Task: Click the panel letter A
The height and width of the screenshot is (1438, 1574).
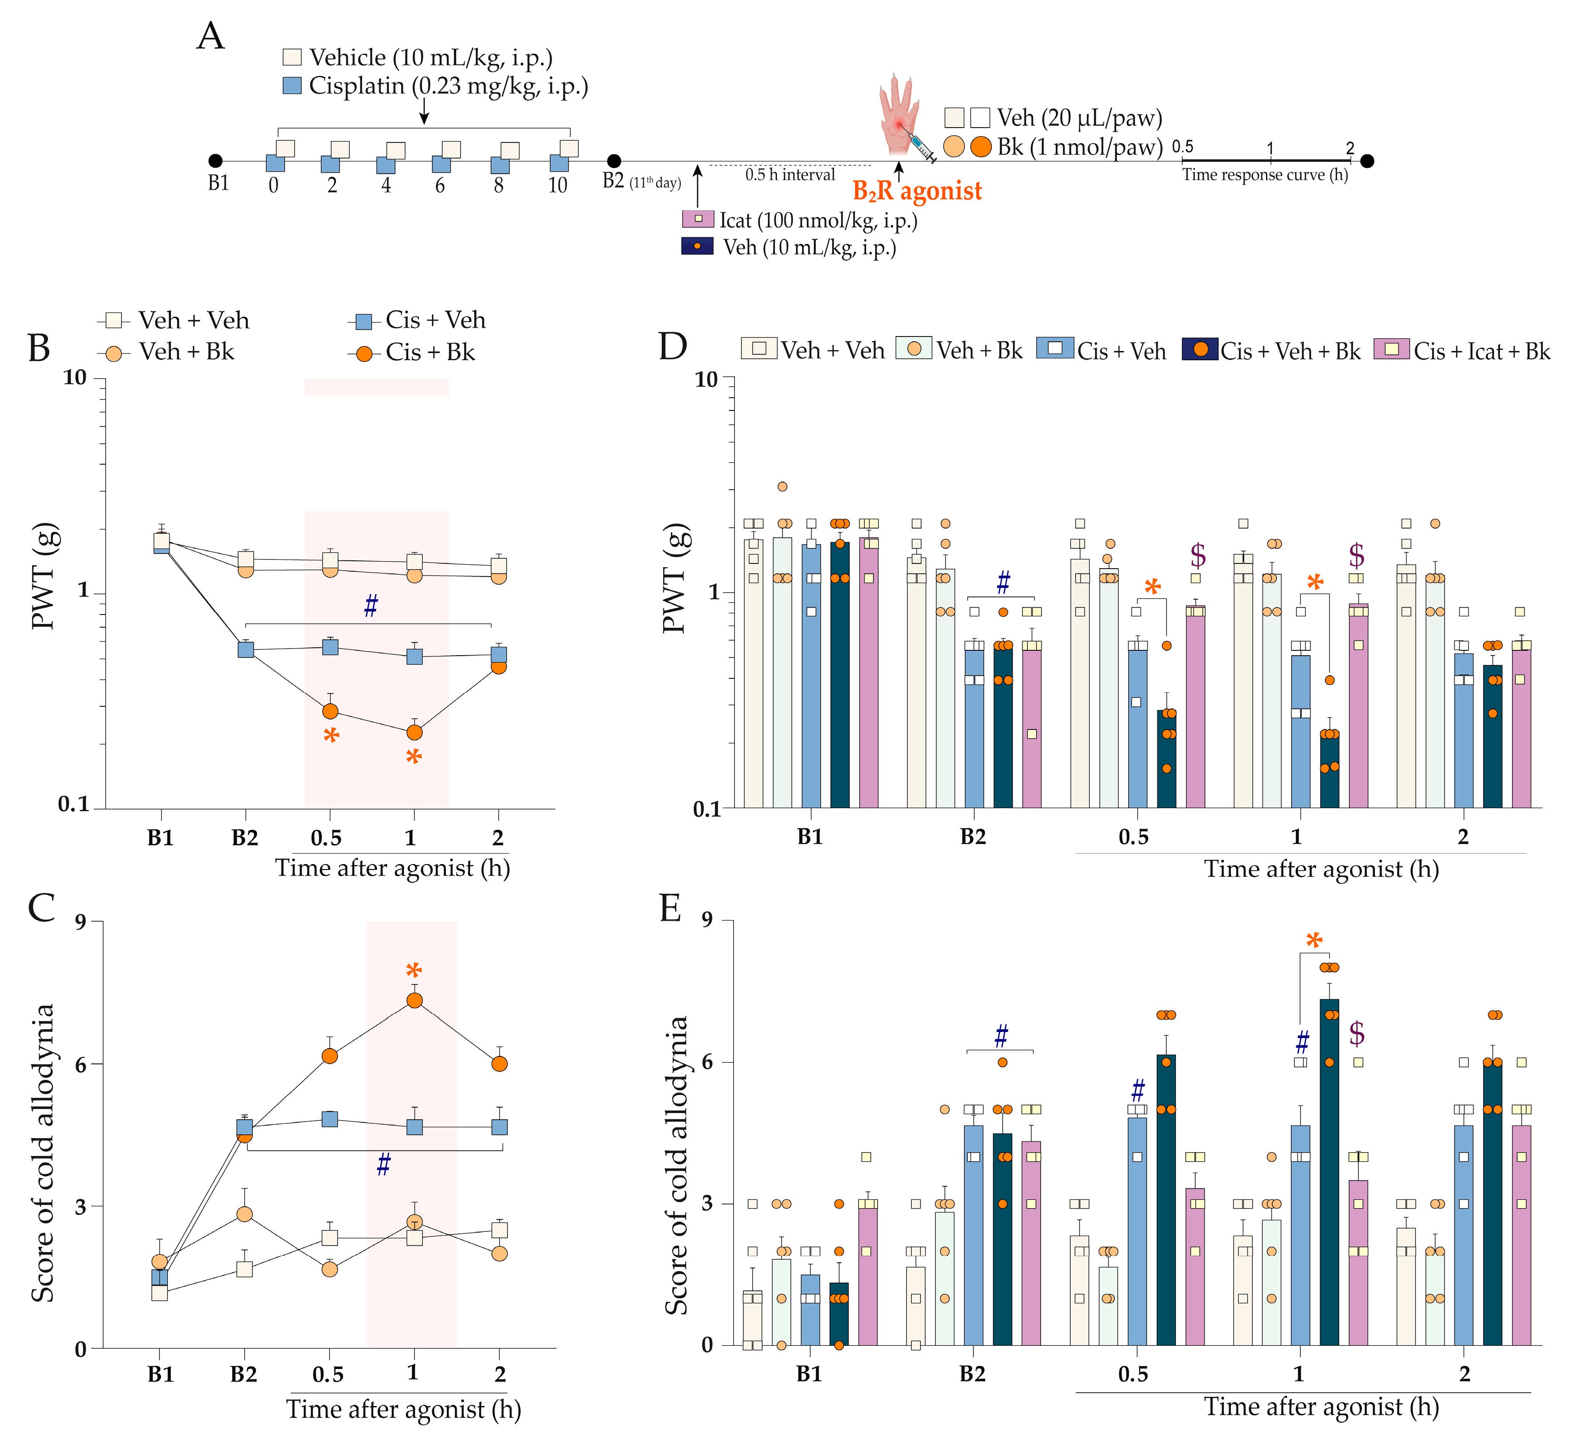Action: tap(211, 37)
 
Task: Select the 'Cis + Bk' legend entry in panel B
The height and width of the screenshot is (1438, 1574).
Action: tap(414, 353)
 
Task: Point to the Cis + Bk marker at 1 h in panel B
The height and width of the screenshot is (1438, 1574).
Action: tap(414, 732)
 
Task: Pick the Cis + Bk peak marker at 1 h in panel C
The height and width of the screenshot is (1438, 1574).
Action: tap(414, 1000)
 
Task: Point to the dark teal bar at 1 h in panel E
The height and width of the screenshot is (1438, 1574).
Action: tap(1329, 1171)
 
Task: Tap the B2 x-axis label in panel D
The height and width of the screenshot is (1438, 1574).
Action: tap(973, 837)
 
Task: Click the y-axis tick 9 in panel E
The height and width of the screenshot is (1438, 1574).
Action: tap(707, 921)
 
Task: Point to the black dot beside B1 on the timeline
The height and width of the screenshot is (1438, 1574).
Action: tap(215, 161)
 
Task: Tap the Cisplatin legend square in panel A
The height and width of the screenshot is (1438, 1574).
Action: tap(292, 86)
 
